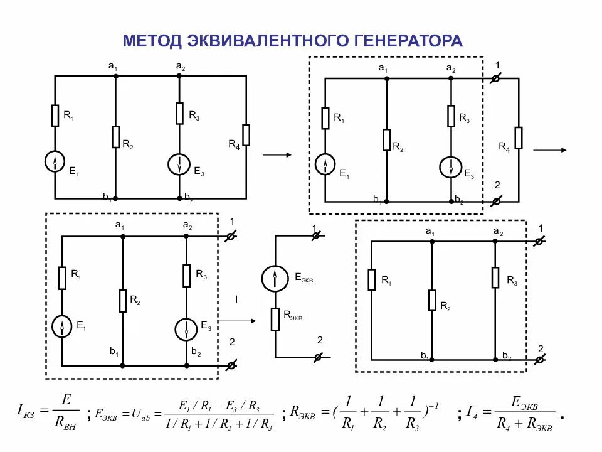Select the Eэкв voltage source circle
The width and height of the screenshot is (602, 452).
(274, 279)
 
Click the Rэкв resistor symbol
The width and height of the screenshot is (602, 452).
(275, 319)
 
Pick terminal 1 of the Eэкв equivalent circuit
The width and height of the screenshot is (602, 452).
(316, 235)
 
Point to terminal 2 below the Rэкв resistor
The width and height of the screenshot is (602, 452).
(318, 357)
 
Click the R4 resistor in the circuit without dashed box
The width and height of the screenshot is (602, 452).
(246, 135)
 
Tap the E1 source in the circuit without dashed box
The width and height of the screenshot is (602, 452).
(55, 162)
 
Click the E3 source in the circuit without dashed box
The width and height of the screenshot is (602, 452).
(179, 164)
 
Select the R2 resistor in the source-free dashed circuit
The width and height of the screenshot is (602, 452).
(432, 300)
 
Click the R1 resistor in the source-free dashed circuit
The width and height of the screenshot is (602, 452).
(372, 278)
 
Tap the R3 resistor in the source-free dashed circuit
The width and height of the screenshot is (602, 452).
(495, 277)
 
